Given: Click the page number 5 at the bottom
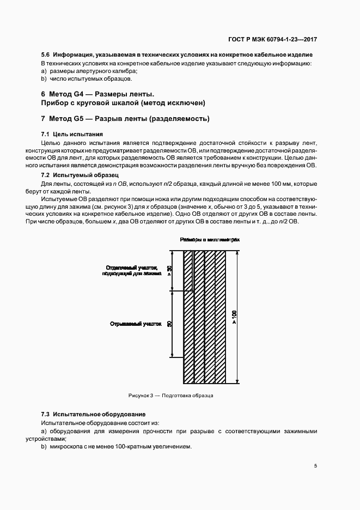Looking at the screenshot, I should (x=316, y=465).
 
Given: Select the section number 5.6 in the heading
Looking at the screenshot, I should (x=46, y=55).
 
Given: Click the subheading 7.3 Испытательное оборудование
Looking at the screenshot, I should (x=93, y=415).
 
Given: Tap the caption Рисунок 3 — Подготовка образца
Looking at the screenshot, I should (x=170, y=395).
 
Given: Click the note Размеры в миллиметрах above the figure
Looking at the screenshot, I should (x=210, y=239).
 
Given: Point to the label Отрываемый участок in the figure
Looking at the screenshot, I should (x=136, y=324).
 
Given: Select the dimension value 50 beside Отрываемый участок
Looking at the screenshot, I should (x=169, y=324).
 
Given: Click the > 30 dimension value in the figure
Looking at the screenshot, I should (x=169, y=269).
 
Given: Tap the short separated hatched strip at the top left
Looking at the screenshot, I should (x=188, y=269).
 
